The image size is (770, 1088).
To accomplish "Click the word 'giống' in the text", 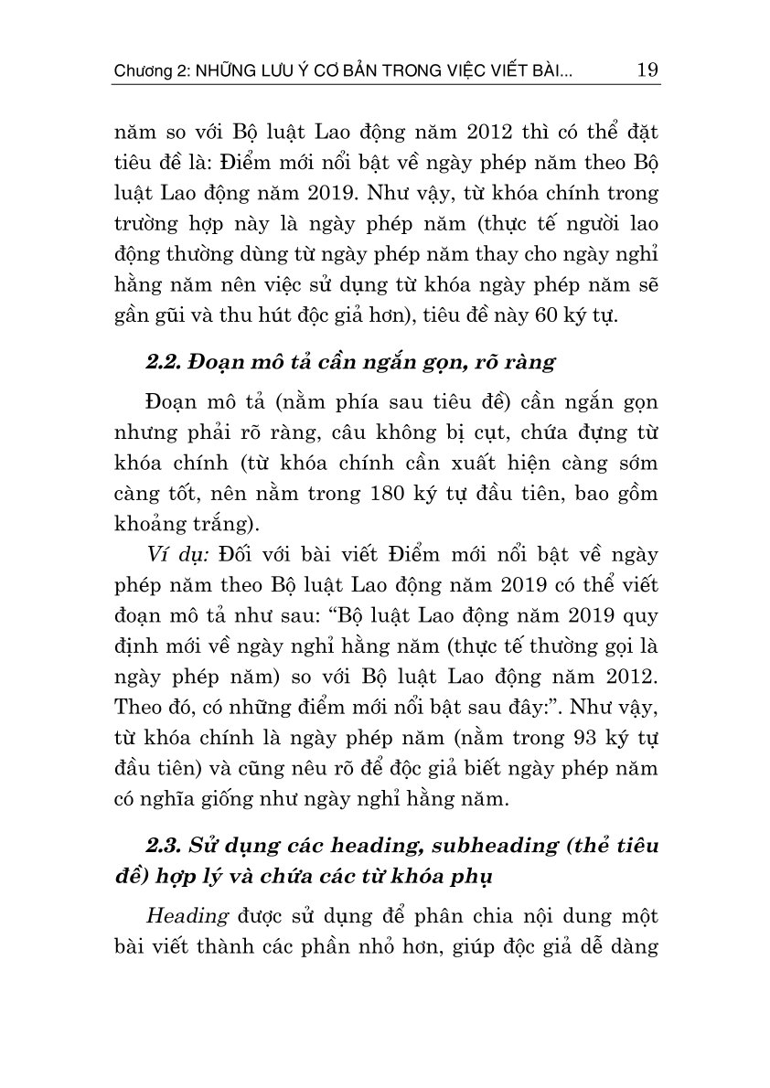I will pos(219,801).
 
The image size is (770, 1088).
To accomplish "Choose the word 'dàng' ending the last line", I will pos(636,948).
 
